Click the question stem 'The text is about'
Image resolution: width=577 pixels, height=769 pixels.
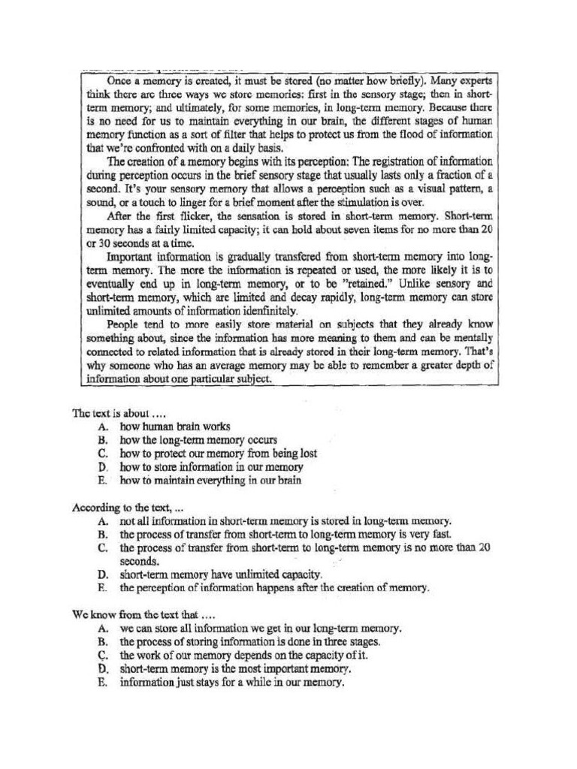tap(116, 412)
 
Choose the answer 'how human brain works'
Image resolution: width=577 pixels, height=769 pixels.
tap(174, 426)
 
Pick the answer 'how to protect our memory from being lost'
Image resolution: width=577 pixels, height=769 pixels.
tap(218, 453)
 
